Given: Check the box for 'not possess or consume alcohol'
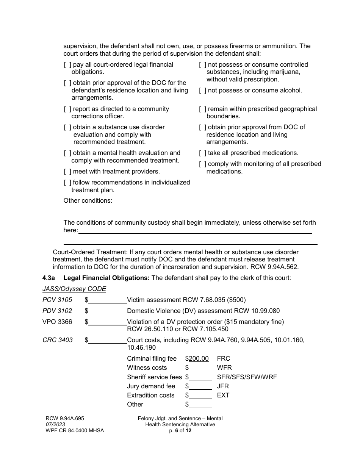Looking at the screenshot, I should click(203, 91).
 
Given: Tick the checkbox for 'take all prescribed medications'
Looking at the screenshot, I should click(203, 153).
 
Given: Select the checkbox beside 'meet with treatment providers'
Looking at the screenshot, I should click(67, 172).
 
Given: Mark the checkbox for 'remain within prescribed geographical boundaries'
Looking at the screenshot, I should click(203, 109).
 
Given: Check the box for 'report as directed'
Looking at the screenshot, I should click(67, 109).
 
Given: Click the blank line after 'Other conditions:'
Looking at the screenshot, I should click(212, 201).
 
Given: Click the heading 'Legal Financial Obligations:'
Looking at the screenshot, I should click(106, 278).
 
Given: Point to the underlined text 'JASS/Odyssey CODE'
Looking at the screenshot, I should click(74, 289).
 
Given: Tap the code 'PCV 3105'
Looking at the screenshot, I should click(57, 300).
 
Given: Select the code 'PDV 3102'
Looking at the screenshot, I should click(57, 311).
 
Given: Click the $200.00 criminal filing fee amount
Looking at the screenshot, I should click(199, 359).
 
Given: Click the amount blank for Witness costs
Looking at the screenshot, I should click(200, 368).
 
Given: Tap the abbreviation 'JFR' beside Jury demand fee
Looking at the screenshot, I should click(223, 386).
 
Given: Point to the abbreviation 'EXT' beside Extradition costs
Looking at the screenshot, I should click(223, 396).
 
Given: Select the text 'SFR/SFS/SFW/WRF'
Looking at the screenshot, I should click(247, 377).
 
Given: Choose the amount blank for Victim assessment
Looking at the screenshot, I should click(108, 300).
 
